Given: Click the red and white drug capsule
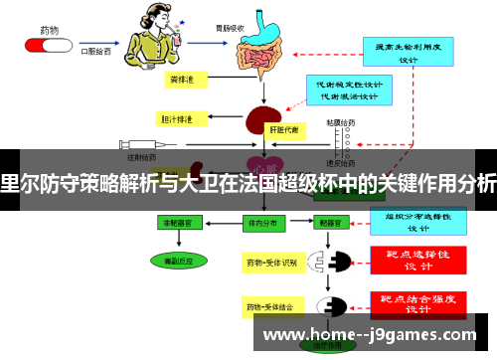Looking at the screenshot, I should click(x=46, y=43).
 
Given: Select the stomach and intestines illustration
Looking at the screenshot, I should click(x=264, y=46).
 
